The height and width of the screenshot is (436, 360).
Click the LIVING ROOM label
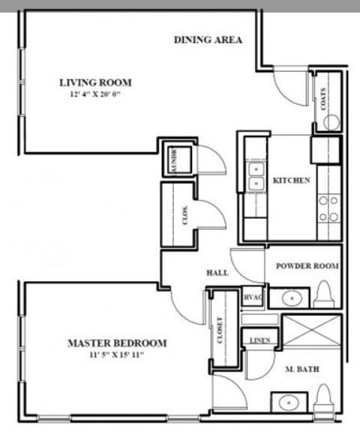[x=95, y=82]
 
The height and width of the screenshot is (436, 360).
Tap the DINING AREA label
[x=208, y=40]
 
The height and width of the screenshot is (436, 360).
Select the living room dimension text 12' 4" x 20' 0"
[x=95, y=95]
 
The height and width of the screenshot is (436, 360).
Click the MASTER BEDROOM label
[x=117, y=343]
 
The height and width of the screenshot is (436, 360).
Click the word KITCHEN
[x=291, y=181]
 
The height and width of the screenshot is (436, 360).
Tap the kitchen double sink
[x=257, y=178]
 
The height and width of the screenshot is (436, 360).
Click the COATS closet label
[x=323, y=100]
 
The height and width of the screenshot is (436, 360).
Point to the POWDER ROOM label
[x=307, y=266]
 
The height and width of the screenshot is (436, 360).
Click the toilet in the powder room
[x=325, y=292]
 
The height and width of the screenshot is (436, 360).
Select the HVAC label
[x=252, y=298]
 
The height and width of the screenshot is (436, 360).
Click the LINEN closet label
[x=259, y=341]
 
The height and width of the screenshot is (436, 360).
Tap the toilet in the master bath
[x=325, y=396]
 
